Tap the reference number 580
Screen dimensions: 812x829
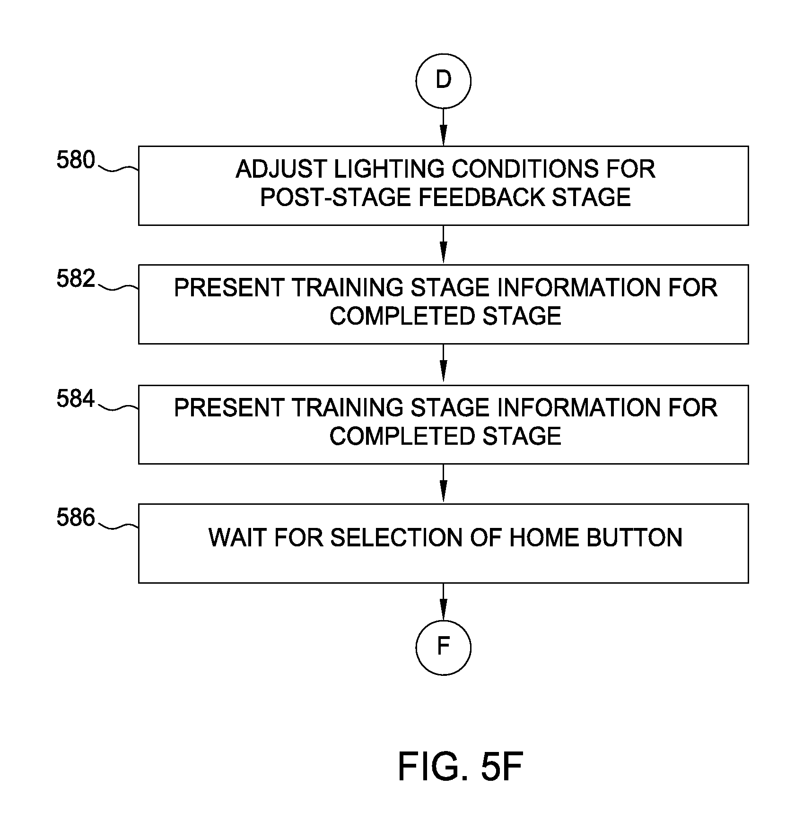click(x=76, y=160)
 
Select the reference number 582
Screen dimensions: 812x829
click(x=76, y=279)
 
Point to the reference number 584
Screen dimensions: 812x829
click(x=76, y=399)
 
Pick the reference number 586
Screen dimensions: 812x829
click(x=76, y=518)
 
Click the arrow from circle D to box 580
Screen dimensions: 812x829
click(x=443, y=127)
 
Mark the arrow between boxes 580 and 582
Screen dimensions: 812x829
click(x=443, y=245)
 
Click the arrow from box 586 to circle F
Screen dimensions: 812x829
click(x=443, y=601)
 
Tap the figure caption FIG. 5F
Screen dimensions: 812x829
click(x=460, y=767)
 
